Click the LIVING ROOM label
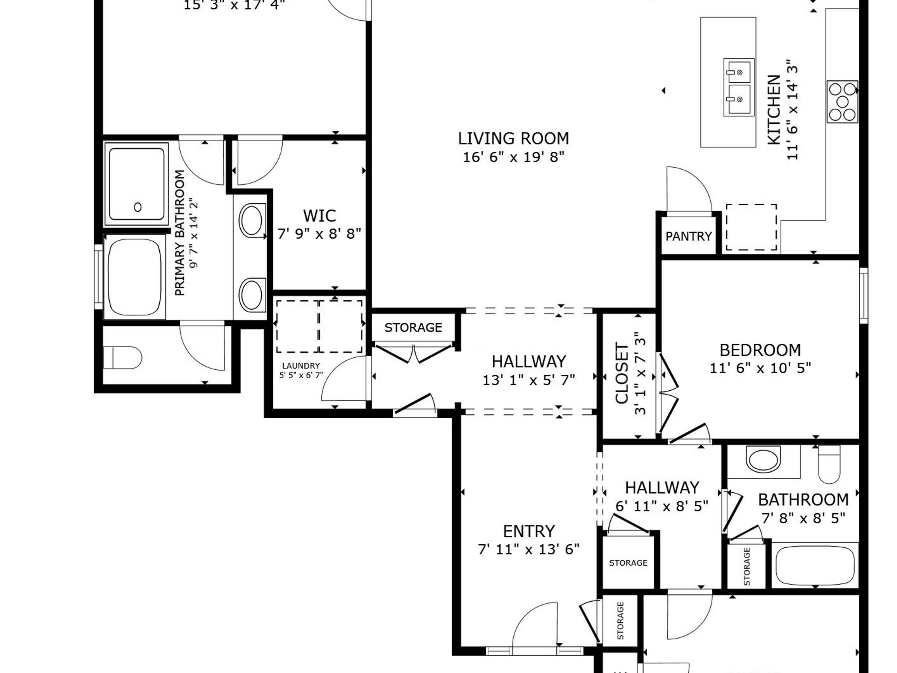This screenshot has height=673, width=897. click(x=513, y=139)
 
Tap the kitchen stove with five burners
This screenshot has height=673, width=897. click(x=842, y=101)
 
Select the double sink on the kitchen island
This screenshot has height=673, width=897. click(x=739, y=87)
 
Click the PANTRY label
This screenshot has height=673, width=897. click(x=689, y=236)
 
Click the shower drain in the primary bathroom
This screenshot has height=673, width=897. click(x=138, y=207)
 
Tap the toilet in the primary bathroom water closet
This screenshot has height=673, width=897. click(x=122, y=357)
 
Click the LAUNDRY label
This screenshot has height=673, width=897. click(x=301, y=366)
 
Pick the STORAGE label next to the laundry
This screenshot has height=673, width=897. click(x=413, y=327)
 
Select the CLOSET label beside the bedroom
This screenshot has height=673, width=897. click(x=622, y=374)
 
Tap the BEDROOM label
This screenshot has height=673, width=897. click(x=760, y=350)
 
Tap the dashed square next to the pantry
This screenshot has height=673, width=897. click(x=751, y=227)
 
